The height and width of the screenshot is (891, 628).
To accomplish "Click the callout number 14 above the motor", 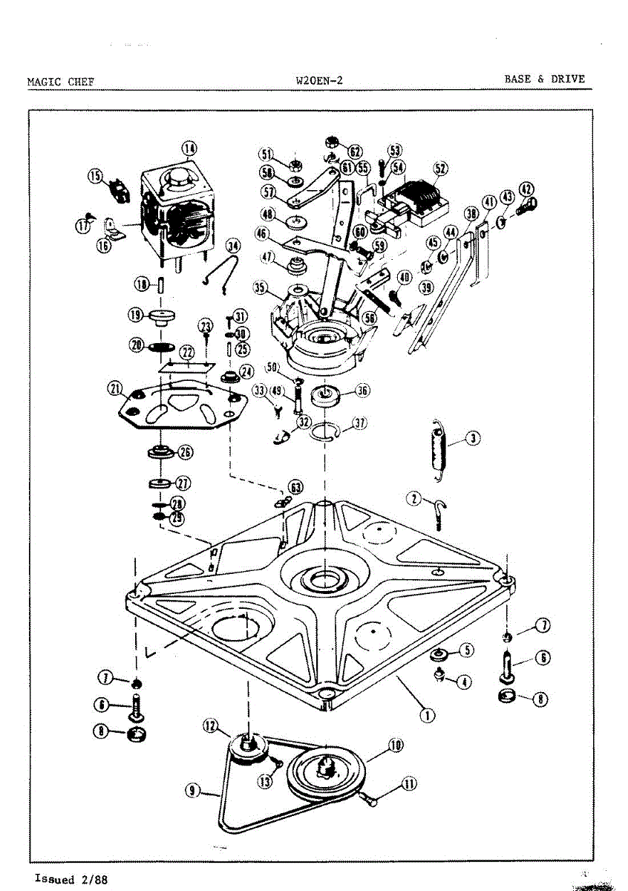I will click(x=190, y=148).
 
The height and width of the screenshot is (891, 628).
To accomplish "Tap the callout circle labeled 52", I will click(x=440, y=169).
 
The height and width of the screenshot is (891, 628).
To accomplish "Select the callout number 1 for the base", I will click(x=428, y=716).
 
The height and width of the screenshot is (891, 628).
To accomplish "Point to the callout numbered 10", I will click(x=396, y=745).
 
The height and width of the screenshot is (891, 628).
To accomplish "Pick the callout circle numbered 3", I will click(x=473, y=438).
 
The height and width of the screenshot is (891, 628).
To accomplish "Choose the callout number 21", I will click(x=115, y=388).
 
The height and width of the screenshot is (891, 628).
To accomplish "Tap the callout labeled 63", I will click(x=296, y=488).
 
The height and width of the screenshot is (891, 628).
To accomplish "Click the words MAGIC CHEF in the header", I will click(x=60, y=81).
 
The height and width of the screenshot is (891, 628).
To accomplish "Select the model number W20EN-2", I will click(x=318, y=80).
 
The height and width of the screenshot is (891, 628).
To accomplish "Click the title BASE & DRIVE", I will click(x=544, y=79).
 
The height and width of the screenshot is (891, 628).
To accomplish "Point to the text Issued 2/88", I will click(x=71, y=879).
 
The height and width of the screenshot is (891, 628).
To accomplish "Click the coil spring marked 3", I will click(x=437, y=445).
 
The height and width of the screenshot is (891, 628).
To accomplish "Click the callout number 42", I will click(x=526, y=189).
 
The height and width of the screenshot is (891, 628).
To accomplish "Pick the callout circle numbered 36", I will click(x=362, y=391).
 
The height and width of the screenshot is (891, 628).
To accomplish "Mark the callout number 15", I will click(x=95, y=176).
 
